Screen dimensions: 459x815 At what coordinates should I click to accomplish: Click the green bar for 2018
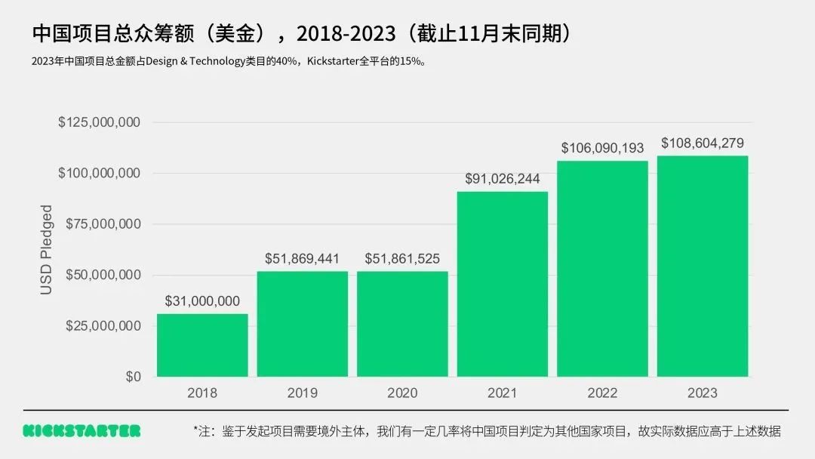click(x=202, y=345)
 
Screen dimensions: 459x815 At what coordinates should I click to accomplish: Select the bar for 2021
click(x=503, y=284)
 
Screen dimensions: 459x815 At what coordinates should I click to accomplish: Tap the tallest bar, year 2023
click(x=703, y=266)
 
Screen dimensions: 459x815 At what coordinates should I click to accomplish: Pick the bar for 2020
click(x=402, y=324)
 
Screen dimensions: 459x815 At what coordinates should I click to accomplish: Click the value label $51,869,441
click(x=302, y=259)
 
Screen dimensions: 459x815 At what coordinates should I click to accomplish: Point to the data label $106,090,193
click(x=602, y=148)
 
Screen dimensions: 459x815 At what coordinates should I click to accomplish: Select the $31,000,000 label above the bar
click(x=202, y=301)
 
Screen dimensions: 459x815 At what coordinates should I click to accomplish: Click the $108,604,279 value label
click(x=703, y=143)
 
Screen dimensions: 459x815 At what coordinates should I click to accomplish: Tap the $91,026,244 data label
click(x=503, y=179)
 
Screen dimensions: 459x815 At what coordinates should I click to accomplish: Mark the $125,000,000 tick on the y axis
click(x=99, y=122)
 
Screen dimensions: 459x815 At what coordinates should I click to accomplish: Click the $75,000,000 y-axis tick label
click(x=103, y=224)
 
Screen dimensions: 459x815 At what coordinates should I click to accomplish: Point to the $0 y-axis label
click(x=133, y=377)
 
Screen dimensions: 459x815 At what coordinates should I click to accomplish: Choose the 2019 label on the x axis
click(x=302, y=393)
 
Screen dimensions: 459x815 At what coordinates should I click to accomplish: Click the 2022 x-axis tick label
click(x=602, y=393)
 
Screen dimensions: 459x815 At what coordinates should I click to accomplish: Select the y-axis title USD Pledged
click(x=47, y=249)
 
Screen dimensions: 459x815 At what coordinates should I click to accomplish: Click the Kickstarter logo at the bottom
click(x=81, y=431)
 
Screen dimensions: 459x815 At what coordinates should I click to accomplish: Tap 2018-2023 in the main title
click(x=346, y=33)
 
